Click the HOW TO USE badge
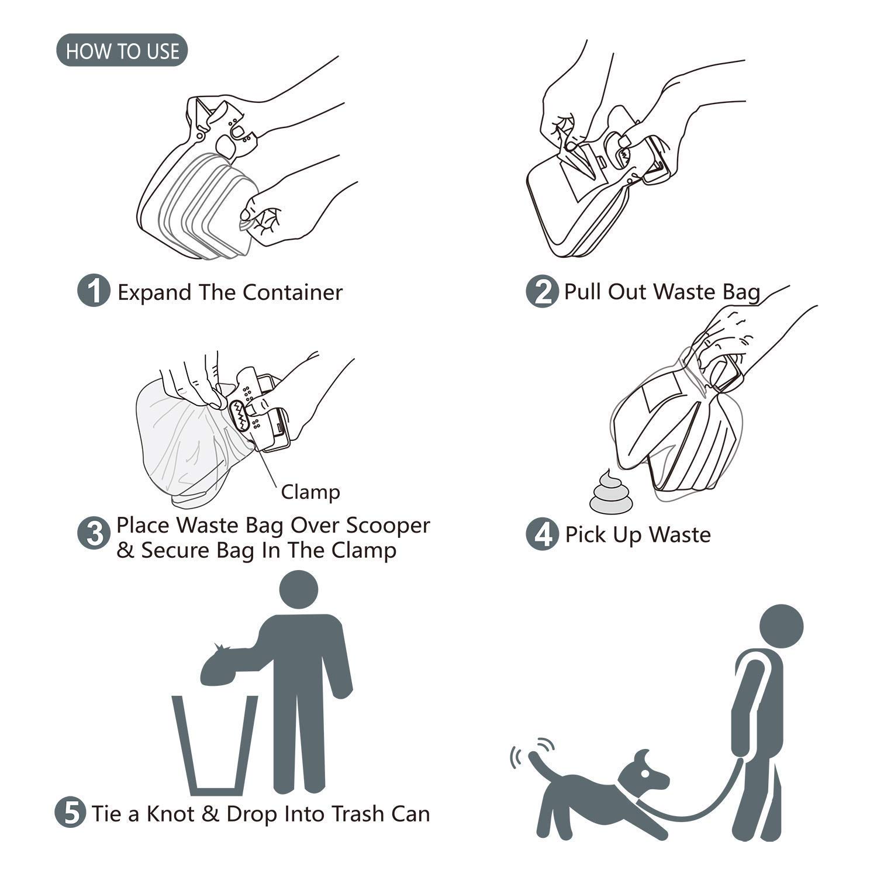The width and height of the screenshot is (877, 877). (x=122, y=50)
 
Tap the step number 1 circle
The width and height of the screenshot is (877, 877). (x=94, y=291)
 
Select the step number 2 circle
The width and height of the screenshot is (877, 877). (x=542, y=291)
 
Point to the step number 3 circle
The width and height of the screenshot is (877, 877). (x=94, y=533)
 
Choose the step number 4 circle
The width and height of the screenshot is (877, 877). (x=542, y=534)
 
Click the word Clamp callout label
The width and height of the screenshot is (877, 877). (x=310, y=492)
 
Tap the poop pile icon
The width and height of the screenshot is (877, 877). (x=610, y=494)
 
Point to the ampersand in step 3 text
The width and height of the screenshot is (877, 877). (x=125, y=551)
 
